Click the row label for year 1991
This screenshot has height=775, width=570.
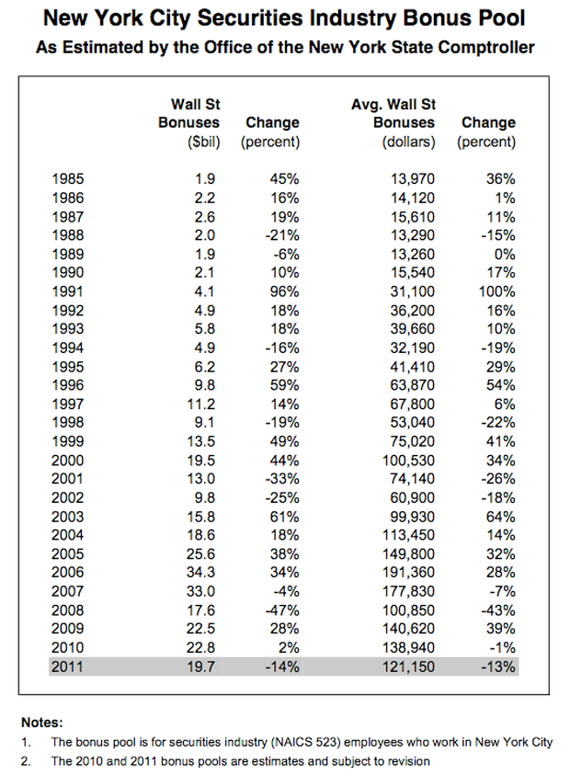[x=68, y=291]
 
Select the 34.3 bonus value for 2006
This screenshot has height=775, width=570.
[x=200, y=573]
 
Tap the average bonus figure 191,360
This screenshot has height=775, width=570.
[x=408, y=573]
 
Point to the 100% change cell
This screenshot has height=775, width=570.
[x=496, y=291]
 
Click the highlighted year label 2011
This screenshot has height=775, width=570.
[x=68, y=667]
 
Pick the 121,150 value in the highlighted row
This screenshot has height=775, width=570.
[x=408, y=667]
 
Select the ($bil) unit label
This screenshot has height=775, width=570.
[x=204, y=142]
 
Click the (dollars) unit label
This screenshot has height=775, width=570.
[x=409, y=142]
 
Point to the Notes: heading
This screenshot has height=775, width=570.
[x=42, y=723]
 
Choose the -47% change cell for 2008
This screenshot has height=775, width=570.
[x=282, y=610]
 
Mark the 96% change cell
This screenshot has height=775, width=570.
[x=284, y=291]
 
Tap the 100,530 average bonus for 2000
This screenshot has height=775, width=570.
[x=408, y=461]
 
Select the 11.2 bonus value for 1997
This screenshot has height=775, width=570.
[x=200, y=405]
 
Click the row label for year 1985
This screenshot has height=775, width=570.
[x=68, y=179]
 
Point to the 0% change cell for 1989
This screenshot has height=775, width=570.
[x=505, y=254]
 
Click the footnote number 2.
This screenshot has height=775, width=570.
[x=25, y=761]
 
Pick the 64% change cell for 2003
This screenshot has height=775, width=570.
[x=501, y=517]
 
